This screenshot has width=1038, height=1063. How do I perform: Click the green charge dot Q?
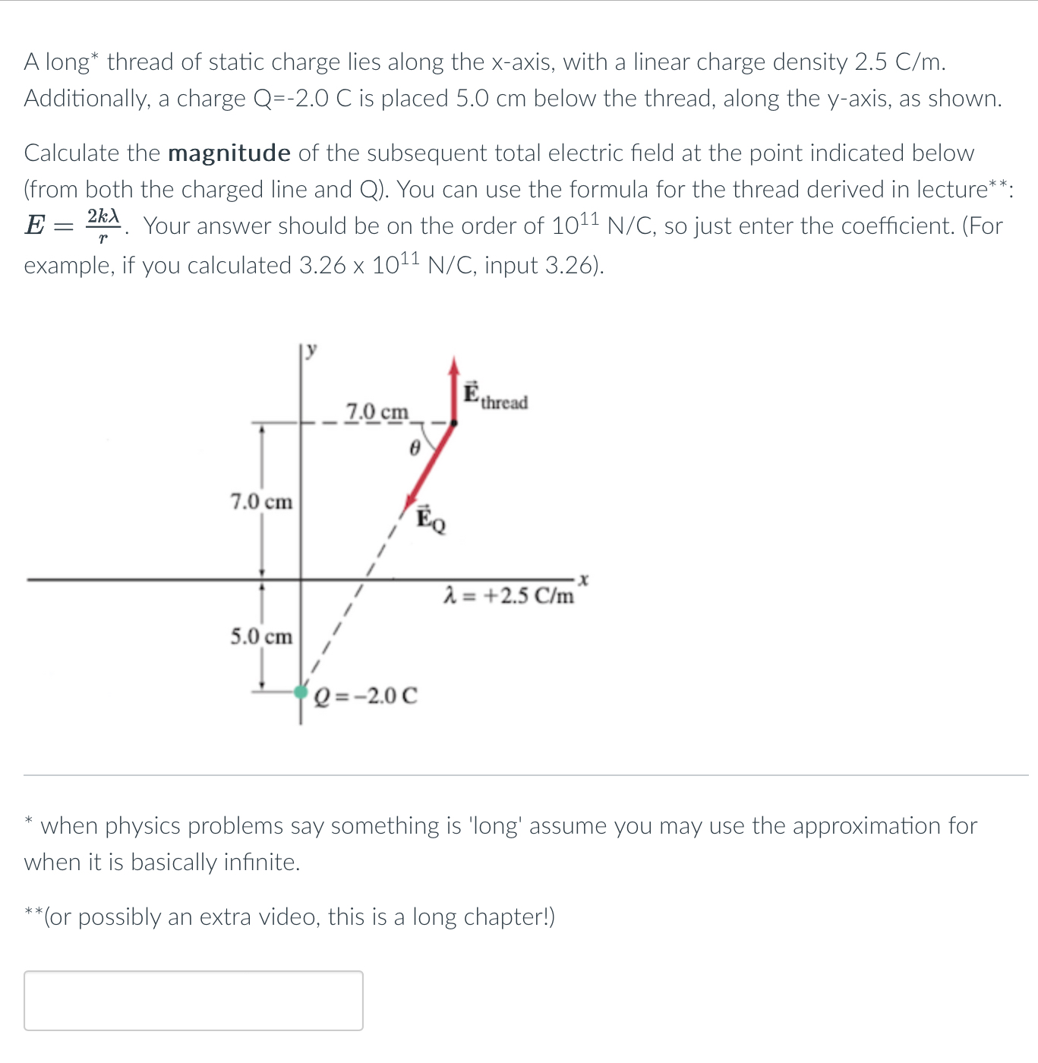(x=301, y=692)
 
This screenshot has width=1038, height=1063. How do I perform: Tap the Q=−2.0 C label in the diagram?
(x=366, y=696)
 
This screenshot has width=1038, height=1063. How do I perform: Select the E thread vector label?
(x=495, y=396)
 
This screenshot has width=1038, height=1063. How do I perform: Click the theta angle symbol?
(x=414, y=449)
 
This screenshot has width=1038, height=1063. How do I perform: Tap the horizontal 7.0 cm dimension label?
(x=377, y=412)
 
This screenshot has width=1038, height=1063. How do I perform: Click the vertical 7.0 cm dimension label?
(x=261, y=502)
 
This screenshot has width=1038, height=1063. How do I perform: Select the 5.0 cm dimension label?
(x=261, y=636)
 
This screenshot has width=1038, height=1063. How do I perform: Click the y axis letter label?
(x=312, y=349)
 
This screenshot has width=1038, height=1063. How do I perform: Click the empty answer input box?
(x=194, y=1000)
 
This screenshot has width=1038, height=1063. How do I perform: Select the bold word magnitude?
(x=229, y=153)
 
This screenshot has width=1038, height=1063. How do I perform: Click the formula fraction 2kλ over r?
(x=103, y=226)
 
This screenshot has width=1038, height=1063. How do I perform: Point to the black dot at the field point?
(x=453, y=422)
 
